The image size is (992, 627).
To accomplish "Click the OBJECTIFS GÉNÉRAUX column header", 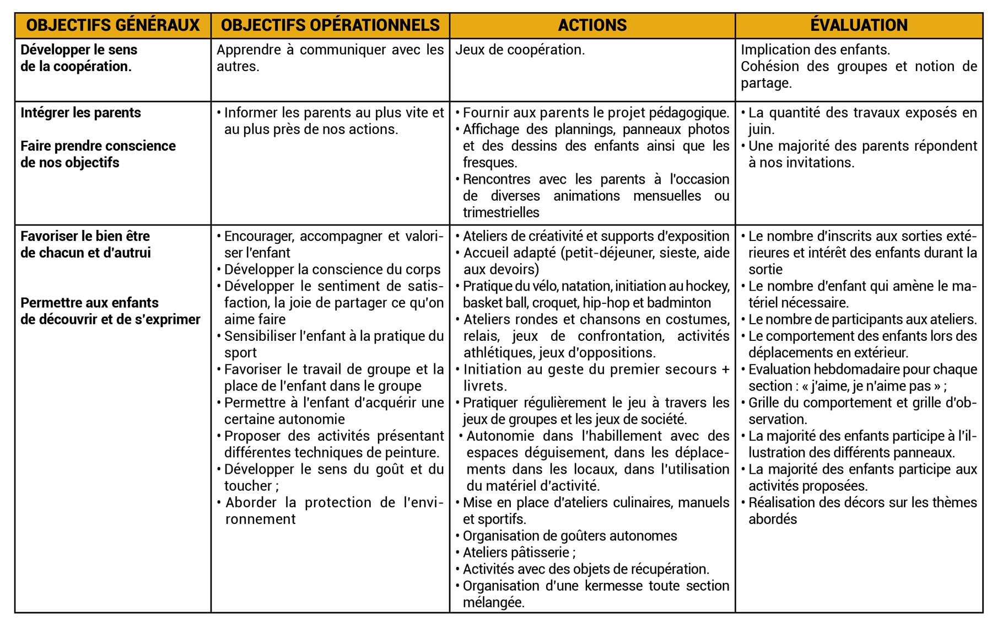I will (113, 25).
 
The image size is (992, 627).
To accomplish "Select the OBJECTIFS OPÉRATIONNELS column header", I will (330, 25).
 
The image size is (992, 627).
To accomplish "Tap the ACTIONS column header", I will (592, 25).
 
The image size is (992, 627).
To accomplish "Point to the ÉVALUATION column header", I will (859, 25).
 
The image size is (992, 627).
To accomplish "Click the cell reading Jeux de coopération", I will (520, 50).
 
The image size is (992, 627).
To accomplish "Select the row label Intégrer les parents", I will (80, 112).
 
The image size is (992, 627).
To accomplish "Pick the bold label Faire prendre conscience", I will (98, 146).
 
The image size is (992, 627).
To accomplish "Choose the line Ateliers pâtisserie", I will (519, 553).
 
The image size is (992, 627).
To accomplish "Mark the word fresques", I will (489, 163).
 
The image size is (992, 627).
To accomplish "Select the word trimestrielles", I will (500, 213).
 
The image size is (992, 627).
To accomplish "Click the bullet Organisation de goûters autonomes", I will (569, 536).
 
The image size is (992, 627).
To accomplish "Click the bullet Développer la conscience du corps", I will (332, 270).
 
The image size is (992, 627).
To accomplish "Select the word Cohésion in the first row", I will (770, 67).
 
